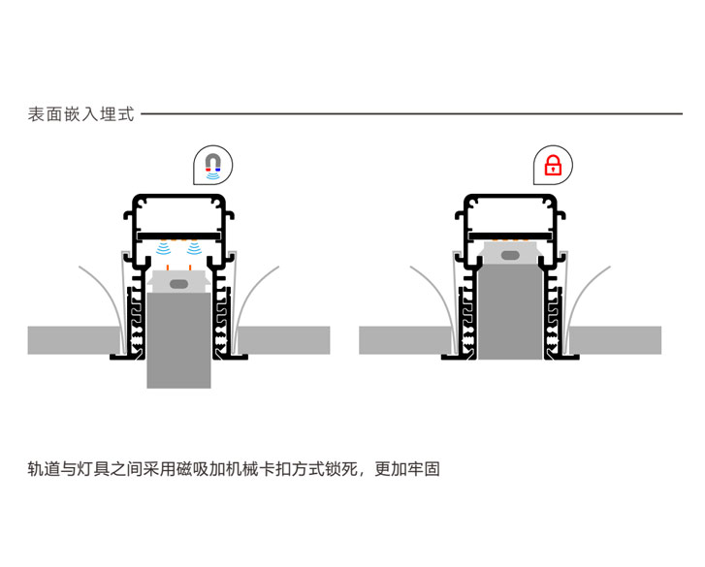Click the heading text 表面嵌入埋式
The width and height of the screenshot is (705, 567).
pos(80,113)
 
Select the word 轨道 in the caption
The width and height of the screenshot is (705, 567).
pos(45,470)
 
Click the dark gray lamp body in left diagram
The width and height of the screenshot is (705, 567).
pos(179,339)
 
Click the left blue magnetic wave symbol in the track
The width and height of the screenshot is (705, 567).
pos(165,250)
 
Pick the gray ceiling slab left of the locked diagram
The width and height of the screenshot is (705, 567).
pos(402,340)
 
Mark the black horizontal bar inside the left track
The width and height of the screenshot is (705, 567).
pos(179,235)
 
